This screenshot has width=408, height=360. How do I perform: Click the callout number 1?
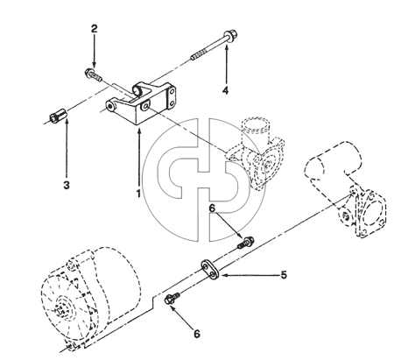click(x=138, y=193)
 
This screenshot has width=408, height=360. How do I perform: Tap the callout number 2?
click(x=94, y=29)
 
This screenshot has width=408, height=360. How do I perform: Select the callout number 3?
click(x=67, y=185)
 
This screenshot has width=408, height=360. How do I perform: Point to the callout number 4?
click(x=225, y=90)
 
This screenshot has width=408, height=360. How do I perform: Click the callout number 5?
click(x=284, y=275)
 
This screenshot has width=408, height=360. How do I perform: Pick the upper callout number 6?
click(x=212, y=208)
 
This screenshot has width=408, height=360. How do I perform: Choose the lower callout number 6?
click(x=197, y=334)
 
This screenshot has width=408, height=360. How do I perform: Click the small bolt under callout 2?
click(x=93, y=74)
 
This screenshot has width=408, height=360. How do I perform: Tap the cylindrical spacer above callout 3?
click(x=58, y=116)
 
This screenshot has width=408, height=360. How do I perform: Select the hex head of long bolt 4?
click(x=230, y=35)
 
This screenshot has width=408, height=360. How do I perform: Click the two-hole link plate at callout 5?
click(x=210, y=269)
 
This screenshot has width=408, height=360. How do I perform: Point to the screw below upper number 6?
click(x=246, y=243)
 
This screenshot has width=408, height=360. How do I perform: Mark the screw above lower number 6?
click(x=172, y=300)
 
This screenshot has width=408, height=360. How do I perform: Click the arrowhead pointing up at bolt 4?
click(x=226, y=47)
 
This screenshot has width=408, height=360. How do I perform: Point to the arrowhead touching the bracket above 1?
click(x=139, y=131)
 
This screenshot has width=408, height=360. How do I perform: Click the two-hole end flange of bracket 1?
click(x=172, y=98)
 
